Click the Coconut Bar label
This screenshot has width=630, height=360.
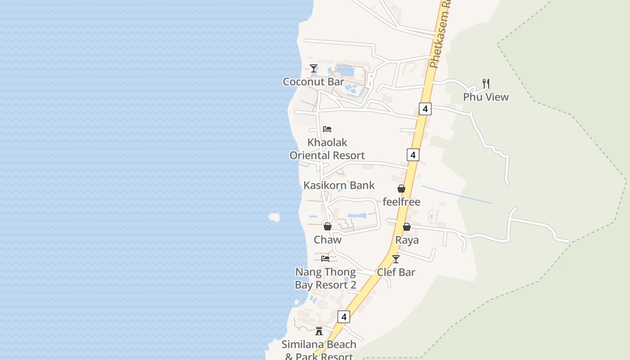[313, 82]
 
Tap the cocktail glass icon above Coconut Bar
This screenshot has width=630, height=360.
[314, 68]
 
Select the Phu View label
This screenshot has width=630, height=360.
[486, 97]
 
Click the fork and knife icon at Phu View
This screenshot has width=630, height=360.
[486, 84]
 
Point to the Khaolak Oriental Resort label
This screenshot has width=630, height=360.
[327, 149]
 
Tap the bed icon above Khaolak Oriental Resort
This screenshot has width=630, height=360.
[327, 129]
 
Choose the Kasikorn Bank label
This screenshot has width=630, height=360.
[339, 185]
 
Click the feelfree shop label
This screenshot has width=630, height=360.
[401, 202]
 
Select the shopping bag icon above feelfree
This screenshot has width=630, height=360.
[401, 189]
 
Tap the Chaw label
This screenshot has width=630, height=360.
[328, 240]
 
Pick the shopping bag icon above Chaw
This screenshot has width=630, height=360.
[328, 226]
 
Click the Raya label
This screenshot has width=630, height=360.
[407, 240]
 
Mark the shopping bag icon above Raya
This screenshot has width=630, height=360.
[407, 227]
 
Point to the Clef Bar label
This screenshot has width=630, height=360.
[396, 272]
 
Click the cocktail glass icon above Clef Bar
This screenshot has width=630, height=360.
[396, 259]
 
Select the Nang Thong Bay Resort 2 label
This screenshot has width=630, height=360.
[325, 279]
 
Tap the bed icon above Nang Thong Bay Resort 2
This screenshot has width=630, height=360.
[325, 259]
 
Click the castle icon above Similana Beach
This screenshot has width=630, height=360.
[319, 331]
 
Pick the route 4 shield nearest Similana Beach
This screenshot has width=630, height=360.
[344, 317]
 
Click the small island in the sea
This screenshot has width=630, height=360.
[274, 217]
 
